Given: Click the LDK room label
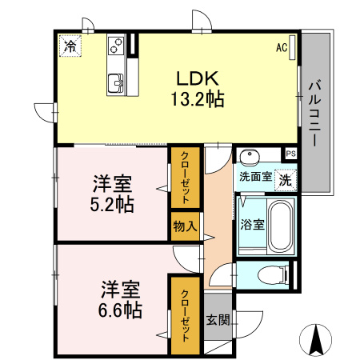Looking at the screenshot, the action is point(198,78).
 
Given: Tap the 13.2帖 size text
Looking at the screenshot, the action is point(198,99).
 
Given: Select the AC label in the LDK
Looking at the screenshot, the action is point(282,47).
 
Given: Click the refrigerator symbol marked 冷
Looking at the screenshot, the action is point(70,46).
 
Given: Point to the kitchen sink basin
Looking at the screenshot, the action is point(116,83).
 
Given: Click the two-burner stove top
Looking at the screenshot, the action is point(116,46).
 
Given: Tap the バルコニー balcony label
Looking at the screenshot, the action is point(315,113).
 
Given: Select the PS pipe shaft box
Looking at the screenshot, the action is point(290,154).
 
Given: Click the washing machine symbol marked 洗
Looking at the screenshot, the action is point(286,181).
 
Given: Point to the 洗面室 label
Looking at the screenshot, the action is point(255,176).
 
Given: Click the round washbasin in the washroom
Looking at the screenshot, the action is point(250,157).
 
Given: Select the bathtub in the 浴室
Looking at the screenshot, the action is point(281,226).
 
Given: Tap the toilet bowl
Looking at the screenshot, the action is point(272,274).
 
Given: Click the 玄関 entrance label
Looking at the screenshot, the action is point(218,319).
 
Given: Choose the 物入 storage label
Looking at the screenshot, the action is point(185,226).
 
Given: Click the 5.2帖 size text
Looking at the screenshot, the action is point(112,204).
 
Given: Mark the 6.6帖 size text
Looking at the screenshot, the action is point(120,310).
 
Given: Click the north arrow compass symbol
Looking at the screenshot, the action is point(316,340).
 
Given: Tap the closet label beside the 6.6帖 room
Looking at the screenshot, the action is point(186,316).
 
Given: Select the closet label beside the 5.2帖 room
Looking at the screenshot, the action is point(186,178).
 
